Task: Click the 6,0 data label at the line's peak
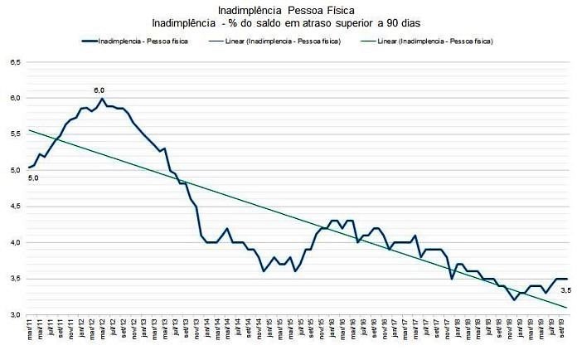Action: click(99, 90)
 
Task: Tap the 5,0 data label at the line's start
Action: click(33, 178)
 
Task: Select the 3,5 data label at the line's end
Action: click(566, 289)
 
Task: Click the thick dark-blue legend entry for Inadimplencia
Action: click(133, 41)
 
